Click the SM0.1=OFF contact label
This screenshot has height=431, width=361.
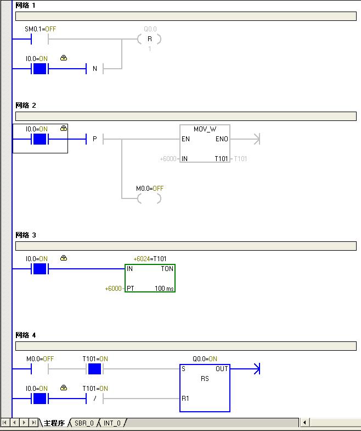41,29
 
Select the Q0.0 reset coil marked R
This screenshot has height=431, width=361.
149,39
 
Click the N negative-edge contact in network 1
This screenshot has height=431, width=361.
95,69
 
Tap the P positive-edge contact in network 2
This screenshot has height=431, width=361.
95,139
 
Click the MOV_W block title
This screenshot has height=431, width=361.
205,129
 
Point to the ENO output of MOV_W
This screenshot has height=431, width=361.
222,140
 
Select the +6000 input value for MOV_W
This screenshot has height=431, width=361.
168,159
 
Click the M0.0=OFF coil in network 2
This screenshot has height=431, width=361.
149,198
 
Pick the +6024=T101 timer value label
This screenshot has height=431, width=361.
150,258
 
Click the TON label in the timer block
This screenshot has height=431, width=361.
167,269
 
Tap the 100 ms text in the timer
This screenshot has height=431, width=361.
164,288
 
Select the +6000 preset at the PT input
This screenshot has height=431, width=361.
114,288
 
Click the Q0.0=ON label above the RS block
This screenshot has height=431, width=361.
205,359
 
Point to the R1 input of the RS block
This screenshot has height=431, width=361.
186,398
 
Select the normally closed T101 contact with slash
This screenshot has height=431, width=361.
95,398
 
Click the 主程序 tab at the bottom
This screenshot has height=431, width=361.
54,423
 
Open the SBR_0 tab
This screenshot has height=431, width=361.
84,423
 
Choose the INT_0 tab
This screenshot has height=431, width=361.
112,423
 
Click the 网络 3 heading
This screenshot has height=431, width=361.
26,235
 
